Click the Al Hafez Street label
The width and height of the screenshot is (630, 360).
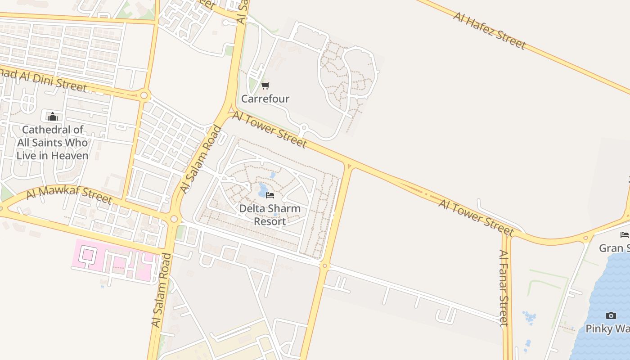(490, 31)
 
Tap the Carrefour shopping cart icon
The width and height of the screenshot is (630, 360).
(265, 85)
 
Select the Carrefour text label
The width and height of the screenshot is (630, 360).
(265, 99)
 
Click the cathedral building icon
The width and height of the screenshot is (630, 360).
(53, 117)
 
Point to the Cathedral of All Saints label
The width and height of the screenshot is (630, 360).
(53, 143)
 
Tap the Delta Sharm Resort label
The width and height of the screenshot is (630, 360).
(270, 215)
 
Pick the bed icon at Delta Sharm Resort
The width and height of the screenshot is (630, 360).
(270, 195)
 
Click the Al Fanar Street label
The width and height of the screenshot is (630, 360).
(504, 288)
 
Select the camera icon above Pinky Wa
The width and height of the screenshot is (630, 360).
(611, 315)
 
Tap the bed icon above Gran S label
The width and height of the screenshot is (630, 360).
(625, 234)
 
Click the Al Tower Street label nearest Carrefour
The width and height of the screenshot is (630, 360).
(270, 130)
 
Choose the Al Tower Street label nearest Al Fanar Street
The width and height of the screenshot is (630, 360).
(476, 218)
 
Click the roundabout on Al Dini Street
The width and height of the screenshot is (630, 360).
(144, 95)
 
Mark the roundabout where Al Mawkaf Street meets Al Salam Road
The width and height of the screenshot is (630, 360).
(174, 219)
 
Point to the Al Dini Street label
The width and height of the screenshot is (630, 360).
(43, 79)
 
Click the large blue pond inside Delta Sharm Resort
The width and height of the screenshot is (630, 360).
(262, 190)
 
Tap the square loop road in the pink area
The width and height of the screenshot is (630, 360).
(87, 255)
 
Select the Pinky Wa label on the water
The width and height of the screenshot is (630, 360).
(607, 328)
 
